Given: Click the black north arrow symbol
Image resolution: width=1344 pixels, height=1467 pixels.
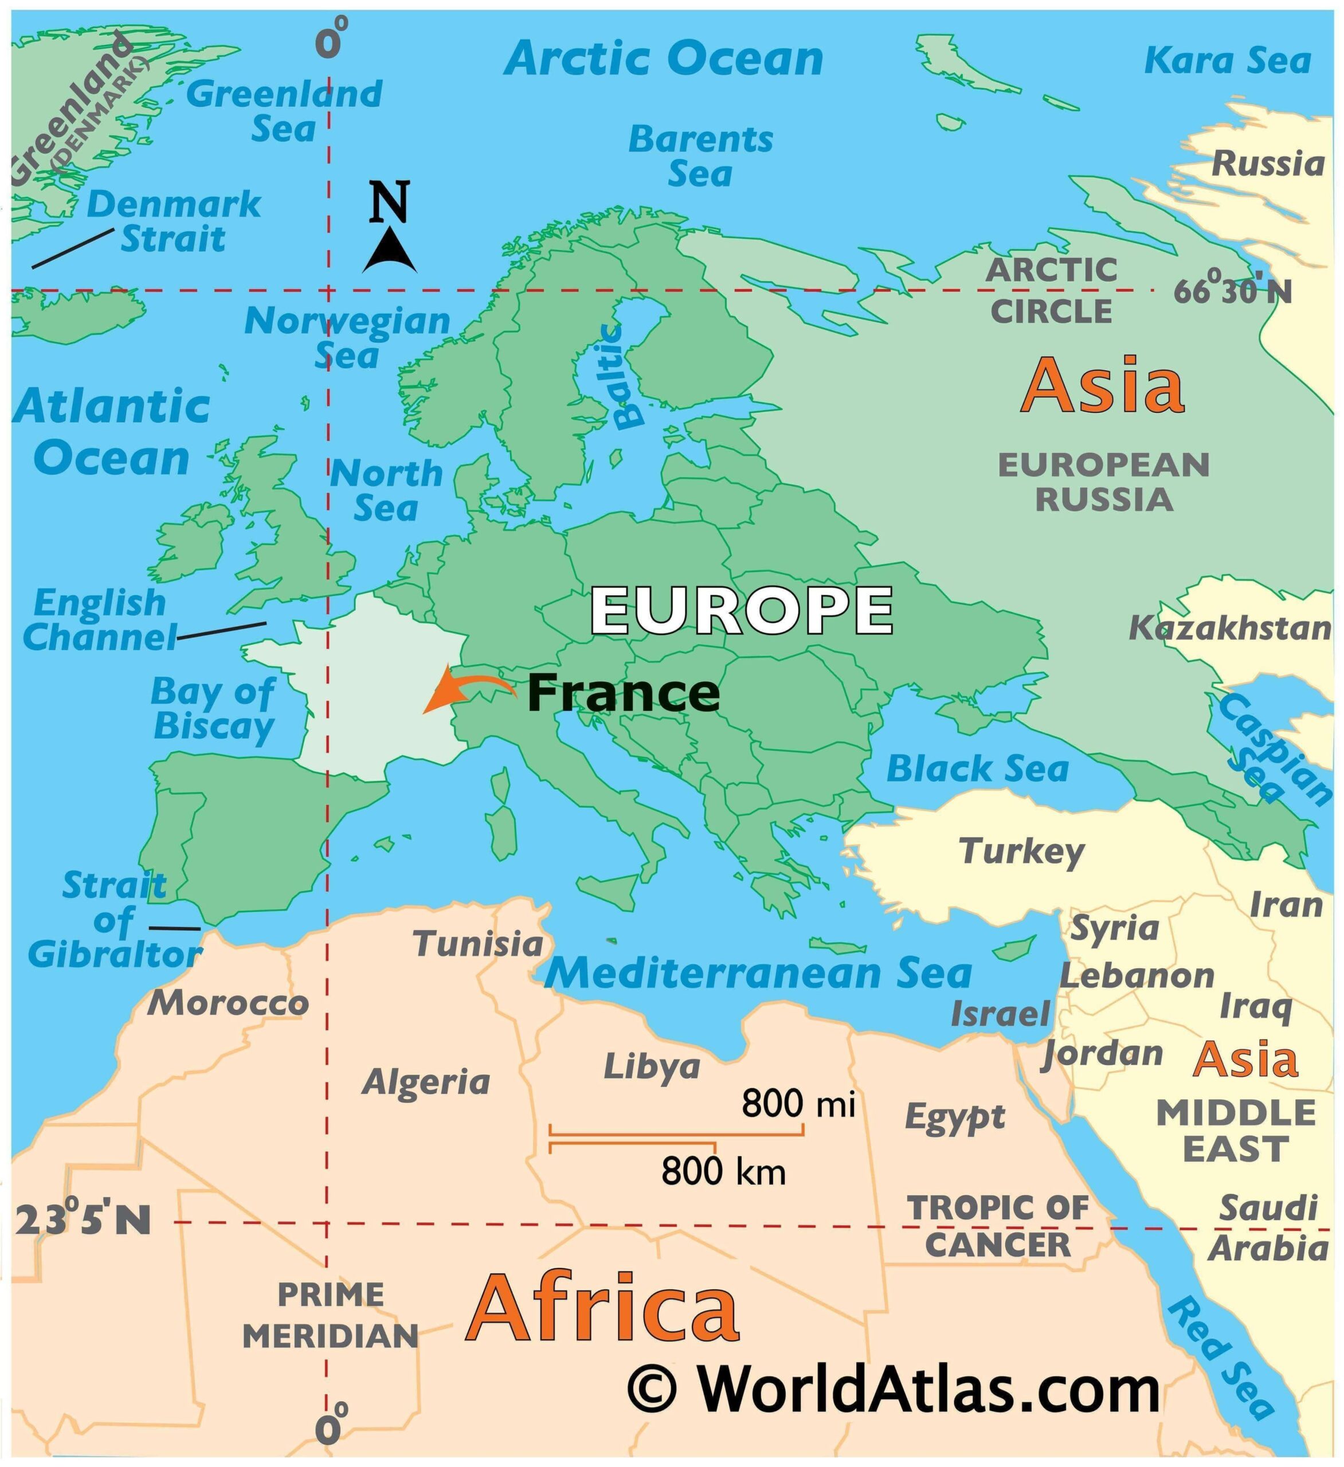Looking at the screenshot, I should click(390, 251).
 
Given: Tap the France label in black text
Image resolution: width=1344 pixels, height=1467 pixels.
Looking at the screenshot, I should click(624, 693).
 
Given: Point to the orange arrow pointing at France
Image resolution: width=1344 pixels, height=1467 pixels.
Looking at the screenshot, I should click(466, 688).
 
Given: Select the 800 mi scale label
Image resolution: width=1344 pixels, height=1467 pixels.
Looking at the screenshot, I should click(798, 1104).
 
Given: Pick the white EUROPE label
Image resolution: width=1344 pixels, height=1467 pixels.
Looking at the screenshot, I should click(740, 610).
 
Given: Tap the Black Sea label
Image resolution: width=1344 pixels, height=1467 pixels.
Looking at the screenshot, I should click(977, 768).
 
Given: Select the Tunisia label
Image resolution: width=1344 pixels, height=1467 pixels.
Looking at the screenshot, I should click(478, 944).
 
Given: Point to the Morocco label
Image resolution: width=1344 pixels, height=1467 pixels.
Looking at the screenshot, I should click(228, 1003).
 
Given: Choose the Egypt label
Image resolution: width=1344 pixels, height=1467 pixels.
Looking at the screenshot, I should click(955, 1116).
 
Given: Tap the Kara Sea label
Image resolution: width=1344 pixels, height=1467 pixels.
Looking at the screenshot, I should click(1228, 60).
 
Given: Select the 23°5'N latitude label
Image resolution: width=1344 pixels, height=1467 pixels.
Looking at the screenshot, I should click(82, 1221).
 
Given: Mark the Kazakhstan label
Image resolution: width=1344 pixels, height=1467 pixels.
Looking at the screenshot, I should click(1230, 628).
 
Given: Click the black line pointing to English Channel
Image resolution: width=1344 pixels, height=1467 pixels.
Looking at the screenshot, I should click(222, 631).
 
